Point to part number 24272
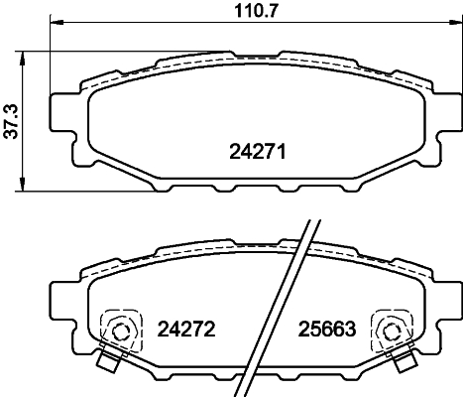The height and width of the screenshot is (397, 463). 186,327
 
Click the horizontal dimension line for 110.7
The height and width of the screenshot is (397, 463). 149,27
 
